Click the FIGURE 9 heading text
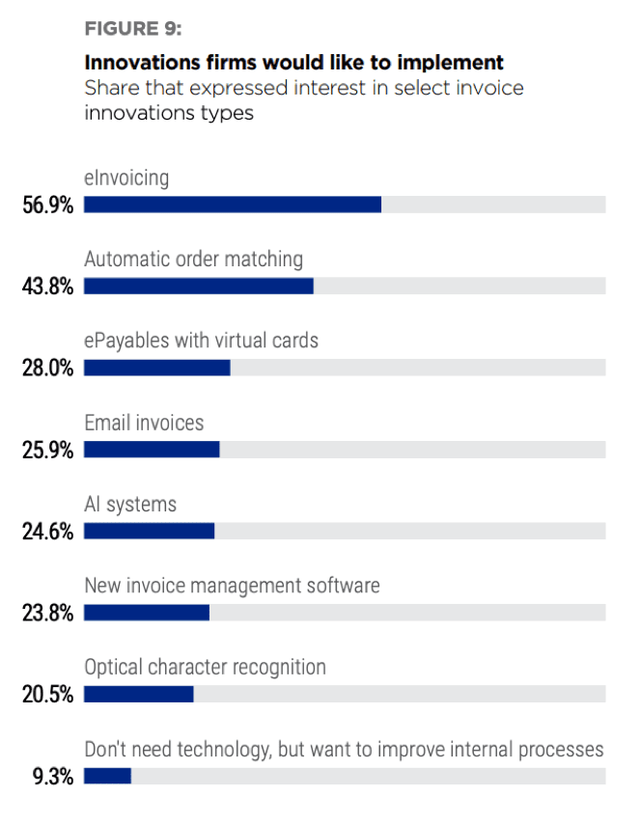[x=140, y=28]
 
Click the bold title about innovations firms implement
[x=294, y=64]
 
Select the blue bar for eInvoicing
[x=233, y=205]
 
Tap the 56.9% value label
[x=47, y=206]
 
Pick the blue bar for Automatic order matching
[x=199, y=286]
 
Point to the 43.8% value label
[x=47, y=287]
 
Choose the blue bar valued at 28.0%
[x=157, y=368]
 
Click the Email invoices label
[x=144, y=423]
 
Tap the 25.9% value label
[x=47, y=450]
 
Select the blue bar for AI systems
[x=149, y=531]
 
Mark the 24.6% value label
[x=47, y=532]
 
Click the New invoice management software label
[x=232, y=586]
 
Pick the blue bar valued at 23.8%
[x=147, y=613]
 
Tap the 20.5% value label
[x=47, y=695]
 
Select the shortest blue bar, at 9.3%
[x=107, y=776]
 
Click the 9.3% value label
[x=52, y=777]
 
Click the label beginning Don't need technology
[x=344, y=750]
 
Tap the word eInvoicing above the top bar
[x=126, y=178]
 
